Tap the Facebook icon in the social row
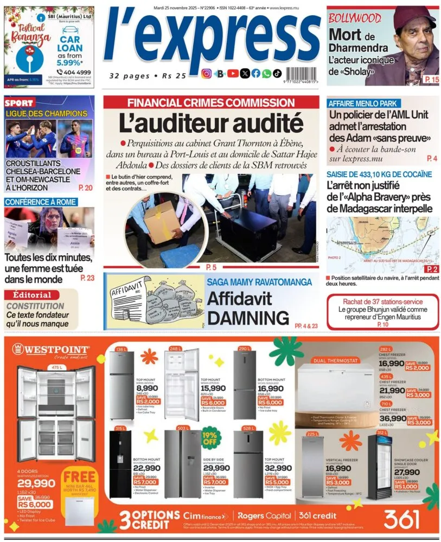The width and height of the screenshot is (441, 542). (x=255, y=74)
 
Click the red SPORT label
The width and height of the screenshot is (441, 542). (x=19, y=102)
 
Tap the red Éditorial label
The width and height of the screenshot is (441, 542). (x=31, y=295)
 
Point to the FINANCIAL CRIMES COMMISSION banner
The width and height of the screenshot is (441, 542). (x=211, y=102)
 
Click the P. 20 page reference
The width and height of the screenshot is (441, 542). (x=85, y=188)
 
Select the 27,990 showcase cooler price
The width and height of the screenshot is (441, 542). (x=406, y=473)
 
